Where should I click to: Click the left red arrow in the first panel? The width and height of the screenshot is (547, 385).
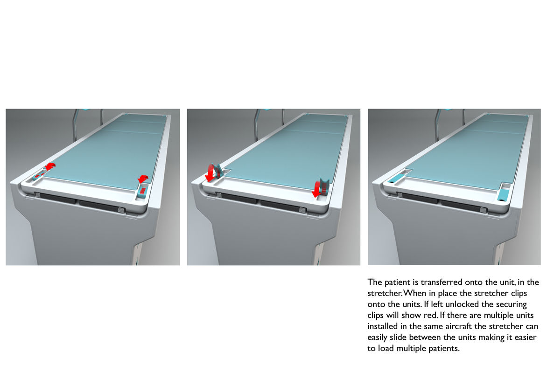point(50,166)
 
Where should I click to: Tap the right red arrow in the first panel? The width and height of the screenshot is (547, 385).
point(143,179)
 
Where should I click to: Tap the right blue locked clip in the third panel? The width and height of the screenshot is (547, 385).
point(504,193)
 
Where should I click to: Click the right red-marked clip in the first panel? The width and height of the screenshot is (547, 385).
point(142,192)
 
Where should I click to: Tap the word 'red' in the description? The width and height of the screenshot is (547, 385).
point(431,315)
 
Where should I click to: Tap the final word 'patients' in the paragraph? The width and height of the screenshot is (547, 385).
point(444,349)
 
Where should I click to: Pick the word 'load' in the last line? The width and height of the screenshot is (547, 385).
point(386,349)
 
